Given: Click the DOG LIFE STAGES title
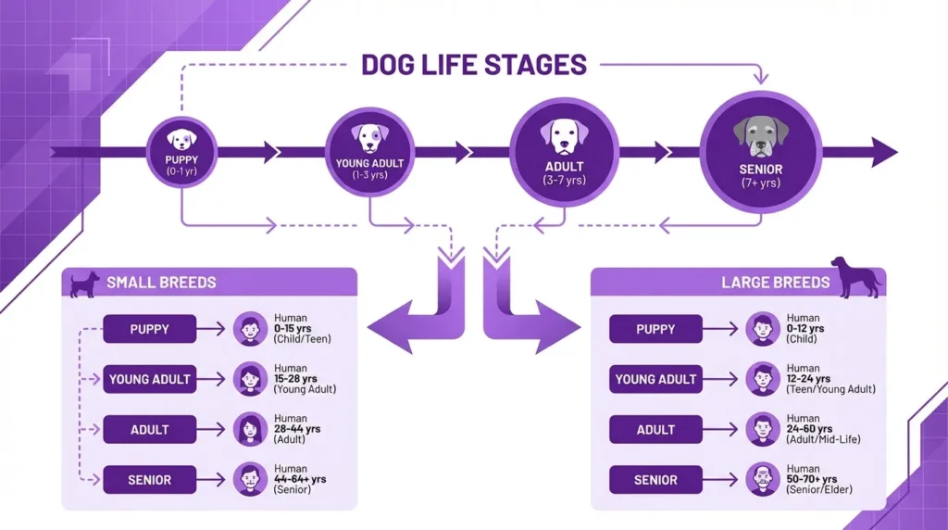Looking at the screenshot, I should pyautogui.click(x=473, y=65).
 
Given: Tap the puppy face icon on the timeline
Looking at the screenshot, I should pyautogui.click(x=181, y=139).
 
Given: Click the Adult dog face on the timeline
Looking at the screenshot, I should pyautogui.click(x=564, y=135).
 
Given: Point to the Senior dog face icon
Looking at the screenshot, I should pyautogui.click(x=760, y=135).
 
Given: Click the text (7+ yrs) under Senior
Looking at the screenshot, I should pyautogui.click(x=760, y=183).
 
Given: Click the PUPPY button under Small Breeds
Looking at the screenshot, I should pyautogui.click(x=149, y=329).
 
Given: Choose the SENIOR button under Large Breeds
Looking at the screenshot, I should pyautogui.click(x=655, y=480).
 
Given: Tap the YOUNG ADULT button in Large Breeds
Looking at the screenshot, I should pyautogui.click(x=655, y=379).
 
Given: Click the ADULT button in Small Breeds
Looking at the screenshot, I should pyautogui.click(x=149, y=430).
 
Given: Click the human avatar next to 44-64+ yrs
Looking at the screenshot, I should pyautogui.click(x=249, y=480).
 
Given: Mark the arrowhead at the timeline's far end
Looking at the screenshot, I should pyautogui.click(x=884, y=152).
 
